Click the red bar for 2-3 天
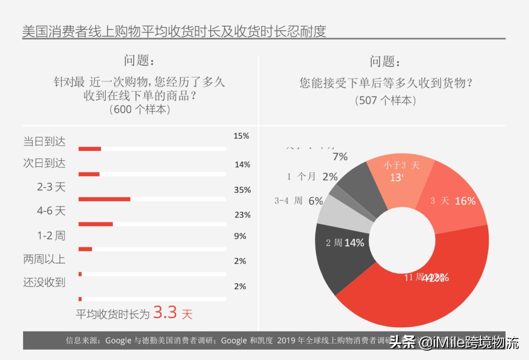point(104,199)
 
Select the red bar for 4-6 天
point(96,224)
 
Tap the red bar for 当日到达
point(90,148)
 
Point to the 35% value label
point(242,190)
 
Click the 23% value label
point(242,215)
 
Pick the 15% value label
point(241,136)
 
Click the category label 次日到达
point(44,163)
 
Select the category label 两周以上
point(44,259)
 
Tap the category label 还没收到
point(44,283)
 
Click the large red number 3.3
point(165,312)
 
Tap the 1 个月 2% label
point(312,177)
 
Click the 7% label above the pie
point(340,157)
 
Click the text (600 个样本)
point(140,109)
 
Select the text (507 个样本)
point(385,100)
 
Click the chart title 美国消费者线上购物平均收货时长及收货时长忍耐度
point(174,31)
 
